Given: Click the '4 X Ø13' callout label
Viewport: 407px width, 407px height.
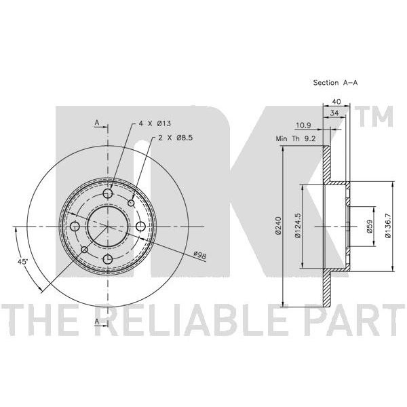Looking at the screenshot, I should (x=153, y=123).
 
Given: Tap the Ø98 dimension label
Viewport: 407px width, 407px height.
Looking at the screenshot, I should (x=200, y=254).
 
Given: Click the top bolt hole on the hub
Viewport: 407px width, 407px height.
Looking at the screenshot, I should (x=108, y=195).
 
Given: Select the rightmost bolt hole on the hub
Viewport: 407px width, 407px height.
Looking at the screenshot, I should (x=140, y=226).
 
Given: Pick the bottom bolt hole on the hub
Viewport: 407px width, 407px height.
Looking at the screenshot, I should (x=108, y=258).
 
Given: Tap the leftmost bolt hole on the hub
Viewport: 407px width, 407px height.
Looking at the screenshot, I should (x=75, y=227).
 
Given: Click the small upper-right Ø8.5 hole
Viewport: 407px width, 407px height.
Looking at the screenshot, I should (x=132, y=202).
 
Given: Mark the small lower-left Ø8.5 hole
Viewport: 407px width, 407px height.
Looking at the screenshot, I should (x=85, y=250).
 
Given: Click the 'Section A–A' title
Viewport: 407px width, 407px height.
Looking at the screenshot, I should (x=334, y=82).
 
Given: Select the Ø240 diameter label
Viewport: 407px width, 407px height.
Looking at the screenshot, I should (x=278, y=225).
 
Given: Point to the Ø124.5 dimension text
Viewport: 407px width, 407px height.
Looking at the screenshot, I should (x=296, y=226).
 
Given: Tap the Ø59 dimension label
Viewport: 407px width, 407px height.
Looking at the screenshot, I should (x=370, y=226).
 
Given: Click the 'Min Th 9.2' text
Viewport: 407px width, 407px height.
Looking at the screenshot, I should (x=295, y=138).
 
